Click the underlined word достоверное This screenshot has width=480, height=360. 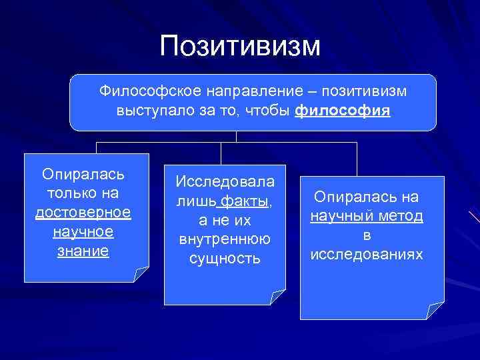(83, 213)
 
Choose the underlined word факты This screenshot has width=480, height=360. (244, 201)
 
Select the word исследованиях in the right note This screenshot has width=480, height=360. (366, 255)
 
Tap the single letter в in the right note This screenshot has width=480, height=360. (367, 235)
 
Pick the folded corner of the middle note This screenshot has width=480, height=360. (277, 297)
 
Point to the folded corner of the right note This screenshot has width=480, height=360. (435, 310)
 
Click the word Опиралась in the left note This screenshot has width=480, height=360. (83, 174)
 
